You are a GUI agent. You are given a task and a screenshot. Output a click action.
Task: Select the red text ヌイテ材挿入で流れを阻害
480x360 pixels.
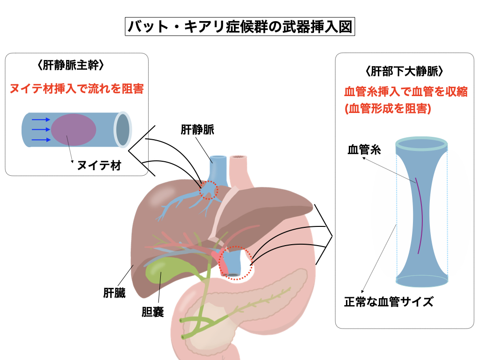tap(77, 88)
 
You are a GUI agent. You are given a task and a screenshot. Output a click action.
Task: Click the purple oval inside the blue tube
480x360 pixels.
tap(74, 130)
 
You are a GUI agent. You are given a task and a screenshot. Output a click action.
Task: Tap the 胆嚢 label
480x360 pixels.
tap(153, 312)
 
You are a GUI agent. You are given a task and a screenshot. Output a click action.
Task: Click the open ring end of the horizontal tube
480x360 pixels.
tap(123, 129)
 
